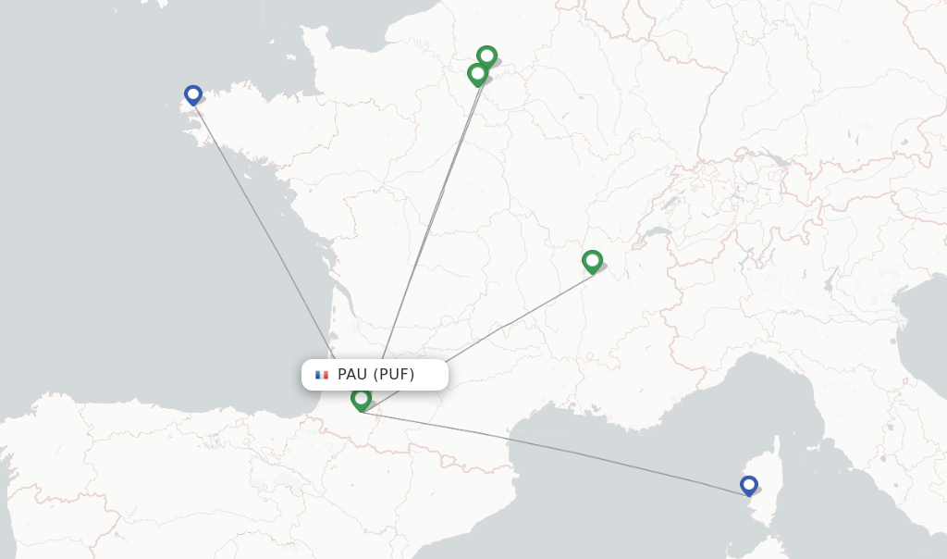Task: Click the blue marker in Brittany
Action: click(192, 94)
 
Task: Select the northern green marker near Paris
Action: click(486, 56)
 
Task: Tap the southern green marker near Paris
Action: click(477, 73)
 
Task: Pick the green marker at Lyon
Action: click(592, 261)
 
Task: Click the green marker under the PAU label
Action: click(361, 399)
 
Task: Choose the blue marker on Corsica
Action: click(749, 485)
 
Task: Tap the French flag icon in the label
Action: click(322, 375)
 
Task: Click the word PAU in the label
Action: click(352, 375)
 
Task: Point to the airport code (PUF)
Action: click(394, 375)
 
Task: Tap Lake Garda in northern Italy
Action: click(829, 278)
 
